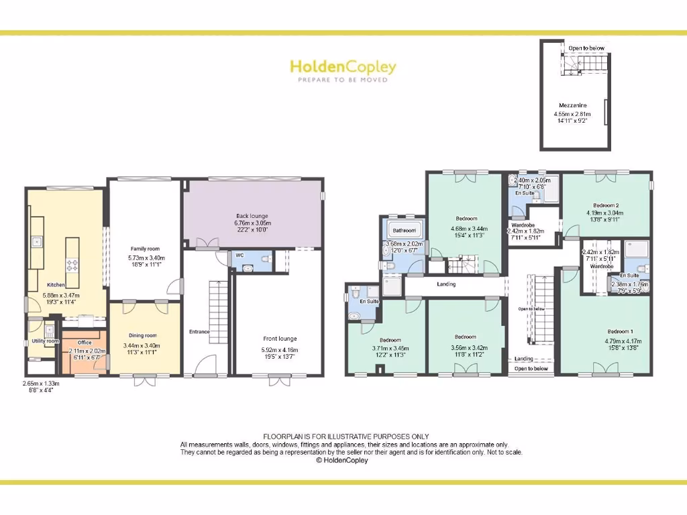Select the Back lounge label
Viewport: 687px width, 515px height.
tap(252, 216)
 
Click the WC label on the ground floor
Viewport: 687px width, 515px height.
tap(240, 255)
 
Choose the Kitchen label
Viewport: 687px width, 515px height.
tap(56, 285)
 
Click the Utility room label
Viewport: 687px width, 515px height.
tap(46, 341)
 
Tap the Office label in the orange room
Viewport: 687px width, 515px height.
tap(84, 343)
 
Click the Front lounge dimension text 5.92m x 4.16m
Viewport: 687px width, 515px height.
tap(279, 351)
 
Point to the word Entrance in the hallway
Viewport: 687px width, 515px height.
tap(199, 332)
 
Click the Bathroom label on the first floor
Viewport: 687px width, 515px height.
tap(405, 231)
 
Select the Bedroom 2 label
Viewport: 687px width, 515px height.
tap(606, 205)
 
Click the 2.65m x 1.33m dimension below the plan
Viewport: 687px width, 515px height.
tap(41, 384)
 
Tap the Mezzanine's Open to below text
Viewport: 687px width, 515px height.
tap(586, 48)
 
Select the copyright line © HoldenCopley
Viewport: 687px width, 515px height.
tap(342, 461)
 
